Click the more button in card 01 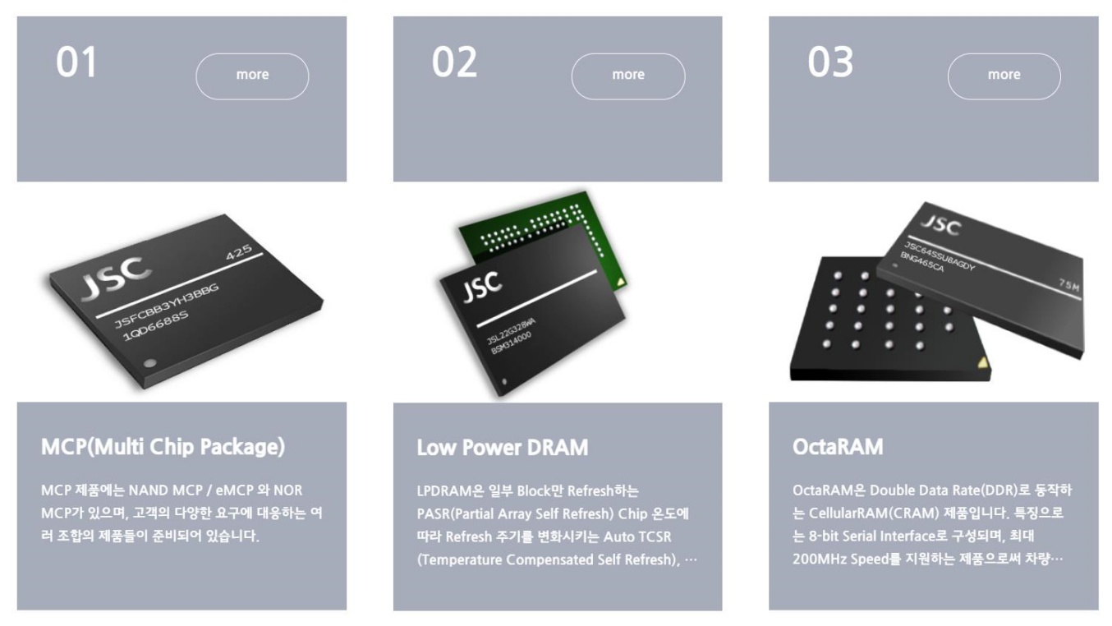(252, 76)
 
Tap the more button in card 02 (628, 76)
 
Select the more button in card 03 (1004, 76)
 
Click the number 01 (76, 62)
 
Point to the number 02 (454, 62)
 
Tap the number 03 (830, 62)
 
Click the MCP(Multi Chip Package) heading (163, 446)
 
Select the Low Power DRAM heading (503, 447)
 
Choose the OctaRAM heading (838, 446)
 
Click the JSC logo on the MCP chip (117, 278)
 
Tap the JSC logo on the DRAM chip (482, 287)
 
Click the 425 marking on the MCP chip (239, 252)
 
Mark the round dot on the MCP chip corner (149, 363)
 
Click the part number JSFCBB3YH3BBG (167, 306)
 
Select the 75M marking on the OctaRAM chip (1068, 285)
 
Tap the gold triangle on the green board (621, 283)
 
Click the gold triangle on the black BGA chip (982, 363)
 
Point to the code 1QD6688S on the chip (156, 326)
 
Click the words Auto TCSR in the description (637, 536)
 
